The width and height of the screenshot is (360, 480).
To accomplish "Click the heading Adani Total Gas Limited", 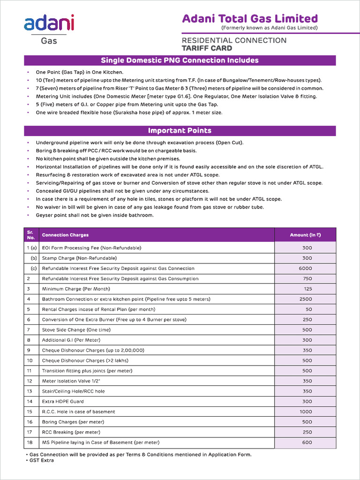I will (249, 19).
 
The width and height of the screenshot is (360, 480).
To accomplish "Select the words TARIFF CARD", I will (207, 48).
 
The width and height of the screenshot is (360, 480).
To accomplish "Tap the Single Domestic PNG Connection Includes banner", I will (180, 60).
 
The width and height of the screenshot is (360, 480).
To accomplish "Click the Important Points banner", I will (180, 131).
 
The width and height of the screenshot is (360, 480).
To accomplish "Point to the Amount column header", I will (305, 235).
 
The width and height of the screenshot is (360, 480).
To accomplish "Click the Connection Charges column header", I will (65, 235).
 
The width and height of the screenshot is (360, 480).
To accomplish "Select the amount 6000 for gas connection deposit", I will (305, 269).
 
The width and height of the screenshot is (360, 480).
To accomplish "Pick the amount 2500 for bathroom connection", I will (305, 299).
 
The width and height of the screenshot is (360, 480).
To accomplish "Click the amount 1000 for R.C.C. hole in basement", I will (305, 412).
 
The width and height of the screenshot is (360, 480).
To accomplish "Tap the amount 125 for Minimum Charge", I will (307, 289).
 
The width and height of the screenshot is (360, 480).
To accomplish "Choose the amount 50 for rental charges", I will (308, 309).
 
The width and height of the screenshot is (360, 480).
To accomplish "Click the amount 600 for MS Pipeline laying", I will (307, 442).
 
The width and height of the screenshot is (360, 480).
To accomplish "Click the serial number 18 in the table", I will (30, 442).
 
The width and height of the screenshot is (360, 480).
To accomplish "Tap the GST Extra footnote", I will (41, 460).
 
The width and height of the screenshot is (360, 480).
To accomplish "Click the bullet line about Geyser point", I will (95, 215).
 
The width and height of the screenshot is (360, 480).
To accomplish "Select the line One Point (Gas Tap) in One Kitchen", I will (80, 73).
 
